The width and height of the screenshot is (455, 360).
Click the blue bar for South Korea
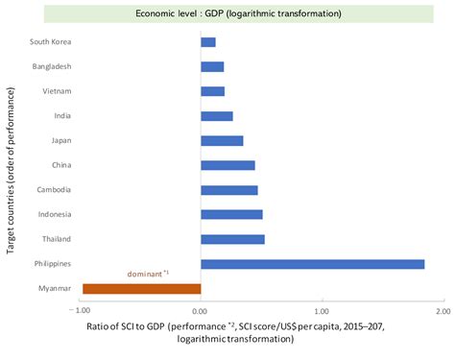(x=208, y=42)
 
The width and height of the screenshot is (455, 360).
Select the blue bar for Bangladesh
(x=212, y=67)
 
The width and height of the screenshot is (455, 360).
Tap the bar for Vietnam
(x=212, y=91)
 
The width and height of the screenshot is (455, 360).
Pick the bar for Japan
(x=222, y=141)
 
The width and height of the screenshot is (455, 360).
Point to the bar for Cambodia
(x=229, y=190)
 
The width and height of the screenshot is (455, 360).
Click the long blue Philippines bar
(x=312, y=264)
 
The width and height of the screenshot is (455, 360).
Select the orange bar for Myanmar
(x=142, y=288)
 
